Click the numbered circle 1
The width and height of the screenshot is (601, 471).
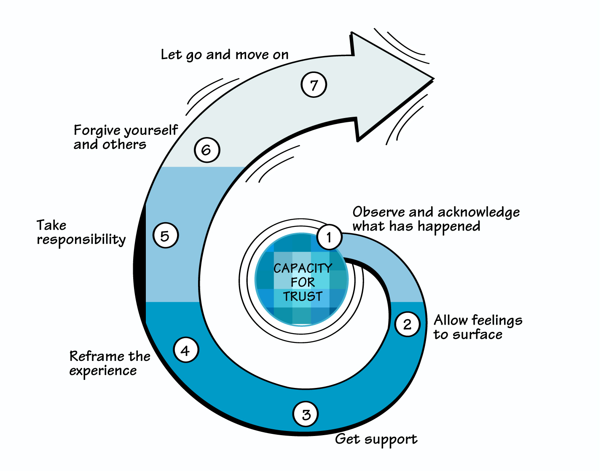329,237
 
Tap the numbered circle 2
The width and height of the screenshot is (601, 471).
407,324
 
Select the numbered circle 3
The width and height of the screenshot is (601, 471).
306,414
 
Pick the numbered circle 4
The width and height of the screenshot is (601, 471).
185,350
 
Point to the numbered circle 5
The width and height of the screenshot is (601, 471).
165,235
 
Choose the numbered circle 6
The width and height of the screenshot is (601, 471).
207,150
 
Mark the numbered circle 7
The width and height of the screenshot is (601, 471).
314,85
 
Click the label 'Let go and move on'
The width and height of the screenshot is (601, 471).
225,55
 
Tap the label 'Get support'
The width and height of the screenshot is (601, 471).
376,439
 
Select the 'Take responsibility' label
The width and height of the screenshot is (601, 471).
81,232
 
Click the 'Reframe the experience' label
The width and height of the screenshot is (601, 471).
110,363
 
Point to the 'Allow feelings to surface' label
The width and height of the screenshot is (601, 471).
478,327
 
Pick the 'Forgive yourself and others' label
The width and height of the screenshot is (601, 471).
126,137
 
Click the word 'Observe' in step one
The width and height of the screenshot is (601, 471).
379,212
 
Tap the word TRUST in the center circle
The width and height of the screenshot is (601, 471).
303,296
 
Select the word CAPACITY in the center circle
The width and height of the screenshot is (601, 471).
303,268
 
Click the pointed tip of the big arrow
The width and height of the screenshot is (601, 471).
432,78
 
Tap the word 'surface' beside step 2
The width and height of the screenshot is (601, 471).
478,335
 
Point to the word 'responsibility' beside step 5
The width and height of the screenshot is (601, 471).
81,240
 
